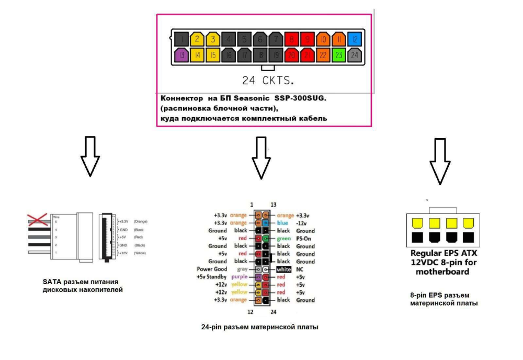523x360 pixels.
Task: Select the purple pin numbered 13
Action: click(x=181, y=54)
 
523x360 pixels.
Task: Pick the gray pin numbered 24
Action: click(x=355, y=54)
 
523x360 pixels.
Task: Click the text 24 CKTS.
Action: click(x=268, y=81)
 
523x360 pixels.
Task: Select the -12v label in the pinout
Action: click(x=303, y=223)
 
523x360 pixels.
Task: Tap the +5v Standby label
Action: click(x=211, y=277)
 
